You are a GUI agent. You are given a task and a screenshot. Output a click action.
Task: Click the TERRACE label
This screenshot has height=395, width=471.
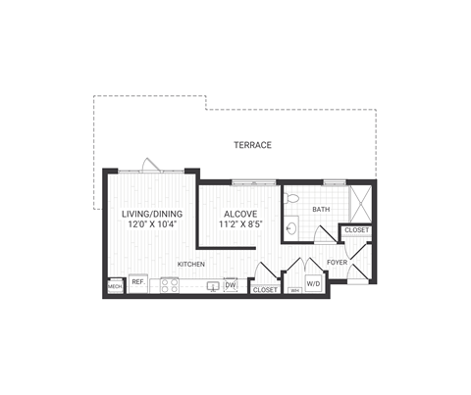[x=252, y=145]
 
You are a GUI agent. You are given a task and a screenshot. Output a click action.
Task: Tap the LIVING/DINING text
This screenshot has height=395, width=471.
[x=150, y=213]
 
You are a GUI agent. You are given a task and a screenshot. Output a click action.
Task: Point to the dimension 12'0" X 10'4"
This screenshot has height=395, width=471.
[x=150, y=224]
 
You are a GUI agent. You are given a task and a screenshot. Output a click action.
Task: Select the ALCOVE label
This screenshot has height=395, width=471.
[x=240, y=213]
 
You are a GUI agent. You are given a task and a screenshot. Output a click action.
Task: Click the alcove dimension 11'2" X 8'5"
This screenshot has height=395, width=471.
[x=240, y=224]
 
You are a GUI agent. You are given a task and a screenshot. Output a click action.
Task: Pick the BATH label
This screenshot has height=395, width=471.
[x=321, y=210]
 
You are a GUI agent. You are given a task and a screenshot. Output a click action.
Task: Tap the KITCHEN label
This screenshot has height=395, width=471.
[x=191, y=264]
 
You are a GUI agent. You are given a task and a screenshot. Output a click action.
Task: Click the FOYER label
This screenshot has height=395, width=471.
[x=337, y=262]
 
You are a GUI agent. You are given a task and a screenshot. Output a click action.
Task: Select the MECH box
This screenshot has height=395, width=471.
[x=115, y=287]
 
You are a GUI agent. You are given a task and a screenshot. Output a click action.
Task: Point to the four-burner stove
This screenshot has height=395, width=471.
[x=170, y=286]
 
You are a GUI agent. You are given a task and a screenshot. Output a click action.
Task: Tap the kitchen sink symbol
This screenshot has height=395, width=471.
[x=211, y=287]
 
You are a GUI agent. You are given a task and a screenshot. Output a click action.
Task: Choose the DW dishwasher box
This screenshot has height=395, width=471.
[x=231, y=285]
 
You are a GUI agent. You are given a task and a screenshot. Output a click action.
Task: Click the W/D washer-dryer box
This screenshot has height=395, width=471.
[x=314, y=284]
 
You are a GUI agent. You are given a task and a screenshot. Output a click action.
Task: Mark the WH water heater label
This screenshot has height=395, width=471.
[x=294, y=290]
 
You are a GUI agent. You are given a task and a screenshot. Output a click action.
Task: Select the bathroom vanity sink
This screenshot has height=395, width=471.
[x=290, y=229]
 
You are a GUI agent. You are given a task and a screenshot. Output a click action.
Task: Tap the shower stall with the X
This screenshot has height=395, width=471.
[x=360, y=202]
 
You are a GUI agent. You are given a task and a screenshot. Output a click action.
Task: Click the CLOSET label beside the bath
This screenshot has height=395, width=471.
[x=356, y=230]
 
